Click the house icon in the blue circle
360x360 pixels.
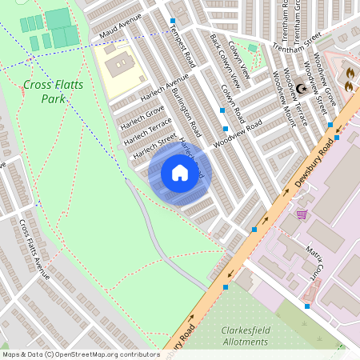click(179, 173)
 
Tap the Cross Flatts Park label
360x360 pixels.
click(45, 91)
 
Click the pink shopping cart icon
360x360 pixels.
click(302, 214)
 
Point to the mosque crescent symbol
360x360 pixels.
click(302, 88)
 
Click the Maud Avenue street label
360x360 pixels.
click(121, 26)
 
